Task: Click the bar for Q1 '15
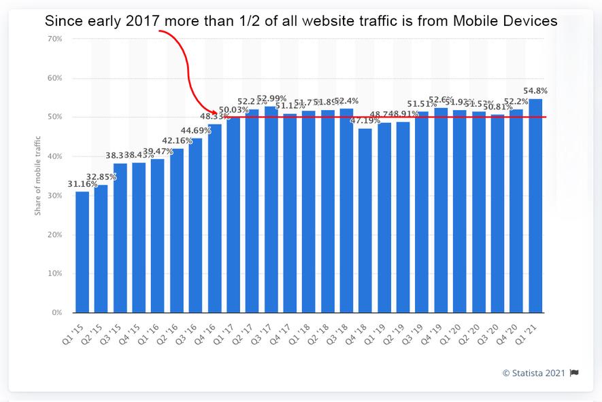click(x=82, y=252)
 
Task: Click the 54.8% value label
click(x=535, y=91)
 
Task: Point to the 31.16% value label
click(x=82, y=184)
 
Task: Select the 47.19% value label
click(x=365, y=120)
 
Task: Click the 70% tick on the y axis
click(x=55, y=39)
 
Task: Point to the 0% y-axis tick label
click(x=57, y=313)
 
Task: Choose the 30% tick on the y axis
click(x=55, y=196)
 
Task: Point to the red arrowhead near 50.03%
click(x=215, y=113)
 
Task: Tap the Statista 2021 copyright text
click(x=534, y=372)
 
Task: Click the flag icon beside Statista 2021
click(x=574, y=372)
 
